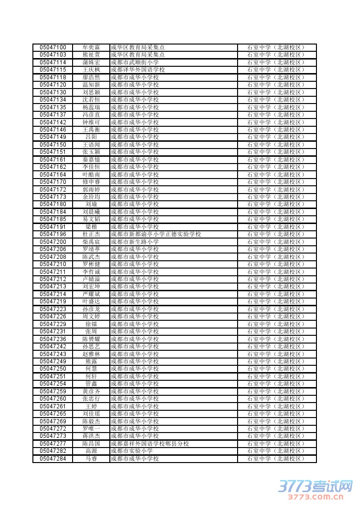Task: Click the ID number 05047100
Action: (53, 47)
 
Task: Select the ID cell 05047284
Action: (53, 459)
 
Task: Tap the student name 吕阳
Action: (91, 137)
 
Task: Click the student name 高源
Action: (91, 451)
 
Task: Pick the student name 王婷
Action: (91, 406)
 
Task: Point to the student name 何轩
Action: (91, 376)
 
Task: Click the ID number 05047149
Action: (53, 137)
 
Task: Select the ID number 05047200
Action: (53, 242)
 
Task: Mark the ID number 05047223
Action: (53, 309)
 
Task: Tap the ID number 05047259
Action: (53, 391)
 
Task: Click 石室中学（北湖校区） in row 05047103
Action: (276, 55)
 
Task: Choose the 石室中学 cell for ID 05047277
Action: (276, 444)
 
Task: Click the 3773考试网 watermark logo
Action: (315, 486)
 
